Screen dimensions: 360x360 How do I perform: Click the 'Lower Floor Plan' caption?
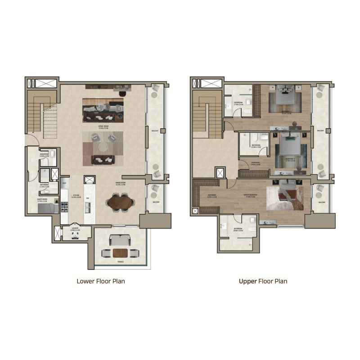point(101,281)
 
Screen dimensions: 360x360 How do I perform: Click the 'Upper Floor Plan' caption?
point(263,281)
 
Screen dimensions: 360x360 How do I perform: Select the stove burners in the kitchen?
point(65,208)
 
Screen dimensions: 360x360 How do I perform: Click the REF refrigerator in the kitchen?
point(64,184)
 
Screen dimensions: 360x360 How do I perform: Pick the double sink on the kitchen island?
point(88,207)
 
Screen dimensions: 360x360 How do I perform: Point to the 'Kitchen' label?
point(76,196)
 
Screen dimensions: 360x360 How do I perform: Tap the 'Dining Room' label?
point(120,183)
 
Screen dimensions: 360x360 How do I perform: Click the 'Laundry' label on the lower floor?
point(75,228)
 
